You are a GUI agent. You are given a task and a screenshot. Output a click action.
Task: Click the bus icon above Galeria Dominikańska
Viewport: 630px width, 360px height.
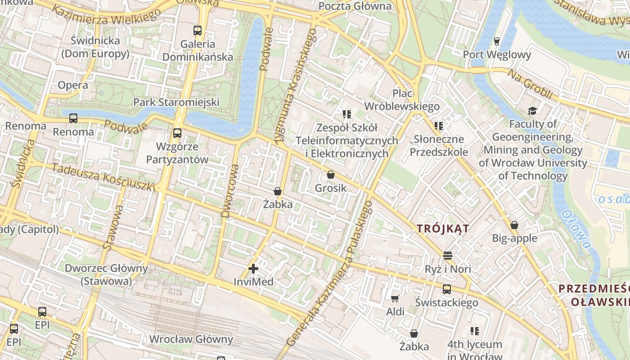pyautogui.click(x=198, y=31)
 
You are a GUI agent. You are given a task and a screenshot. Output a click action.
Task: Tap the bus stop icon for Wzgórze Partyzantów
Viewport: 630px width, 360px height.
pyautogui.click(x=177, y=133)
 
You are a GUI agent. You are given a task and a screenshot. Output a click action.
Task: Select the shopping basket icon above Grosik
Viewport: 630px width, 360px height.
pyautogui.click(x=331, y=175)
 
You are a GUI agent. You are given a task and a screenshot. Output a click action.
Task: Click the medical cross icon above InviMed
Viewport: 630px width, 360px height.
pyautogui.click(x=253, y=269)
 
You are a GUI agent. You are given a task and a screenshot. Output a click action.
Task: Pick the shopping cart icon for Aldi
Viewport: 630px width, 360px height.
pyautogui.click(x=395, y=298)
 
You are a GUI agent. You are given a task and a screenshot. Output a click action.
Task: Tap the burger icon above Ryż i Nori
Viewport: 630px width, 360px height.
pyautogui.click(x=447, y=256)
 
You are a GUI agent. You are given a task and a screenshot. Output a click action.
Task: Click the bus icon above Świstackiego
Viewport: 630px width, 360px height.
pyautogui.click(x=446, y=289)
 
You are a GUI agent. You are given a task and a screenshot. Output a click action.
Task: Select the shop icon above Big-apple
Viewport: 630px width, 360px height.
pyautogui.click(x=514, y=225)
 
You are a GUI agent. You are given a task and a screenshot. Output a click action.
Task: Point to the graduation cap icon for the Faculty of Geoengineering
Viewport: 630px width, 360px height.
pyautogui.click(x=532, y=111)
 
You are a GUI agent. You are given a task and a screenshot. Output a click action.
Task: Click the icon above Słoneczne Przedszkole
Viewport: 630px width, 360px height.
pyautogui.click(x=438, y=126)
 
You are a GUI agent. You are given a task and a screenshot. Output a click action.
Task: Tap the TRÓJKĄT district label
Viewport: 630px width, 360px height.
pyautogui.click(x=443, y=229)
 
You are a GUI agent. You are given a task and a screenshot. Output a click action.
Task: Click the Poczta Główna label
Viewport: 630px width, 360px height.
pyautogui.click(x=355, y=6)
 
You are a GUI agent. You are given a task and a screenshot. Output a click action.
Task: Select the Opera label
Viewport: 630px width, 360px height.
pyautogui.click(x=73, y=85)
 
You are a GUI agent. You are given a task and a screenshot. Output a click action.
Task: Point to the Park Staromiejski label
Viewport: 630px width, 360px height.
pyautogui.click(x=176, y=102)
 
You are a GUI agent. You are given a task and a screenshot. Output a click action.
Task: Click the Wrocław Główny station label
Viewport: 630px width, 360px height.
pyautogui.click(x=191, y=339)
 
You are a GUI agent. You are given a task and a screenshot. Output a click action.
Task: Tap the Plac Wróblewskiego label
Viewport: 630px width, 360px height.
pyautogui.click(x=402, y=100)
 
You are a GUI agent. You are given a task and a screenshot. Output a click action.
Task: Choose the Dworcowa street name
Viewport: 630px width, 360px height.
pyautogui.click(x=230, y=191)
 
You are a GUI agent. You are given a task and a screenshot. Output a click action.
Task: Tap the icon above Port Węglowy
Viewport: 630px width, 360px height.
pyautogui.click(x=497, y=41)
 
